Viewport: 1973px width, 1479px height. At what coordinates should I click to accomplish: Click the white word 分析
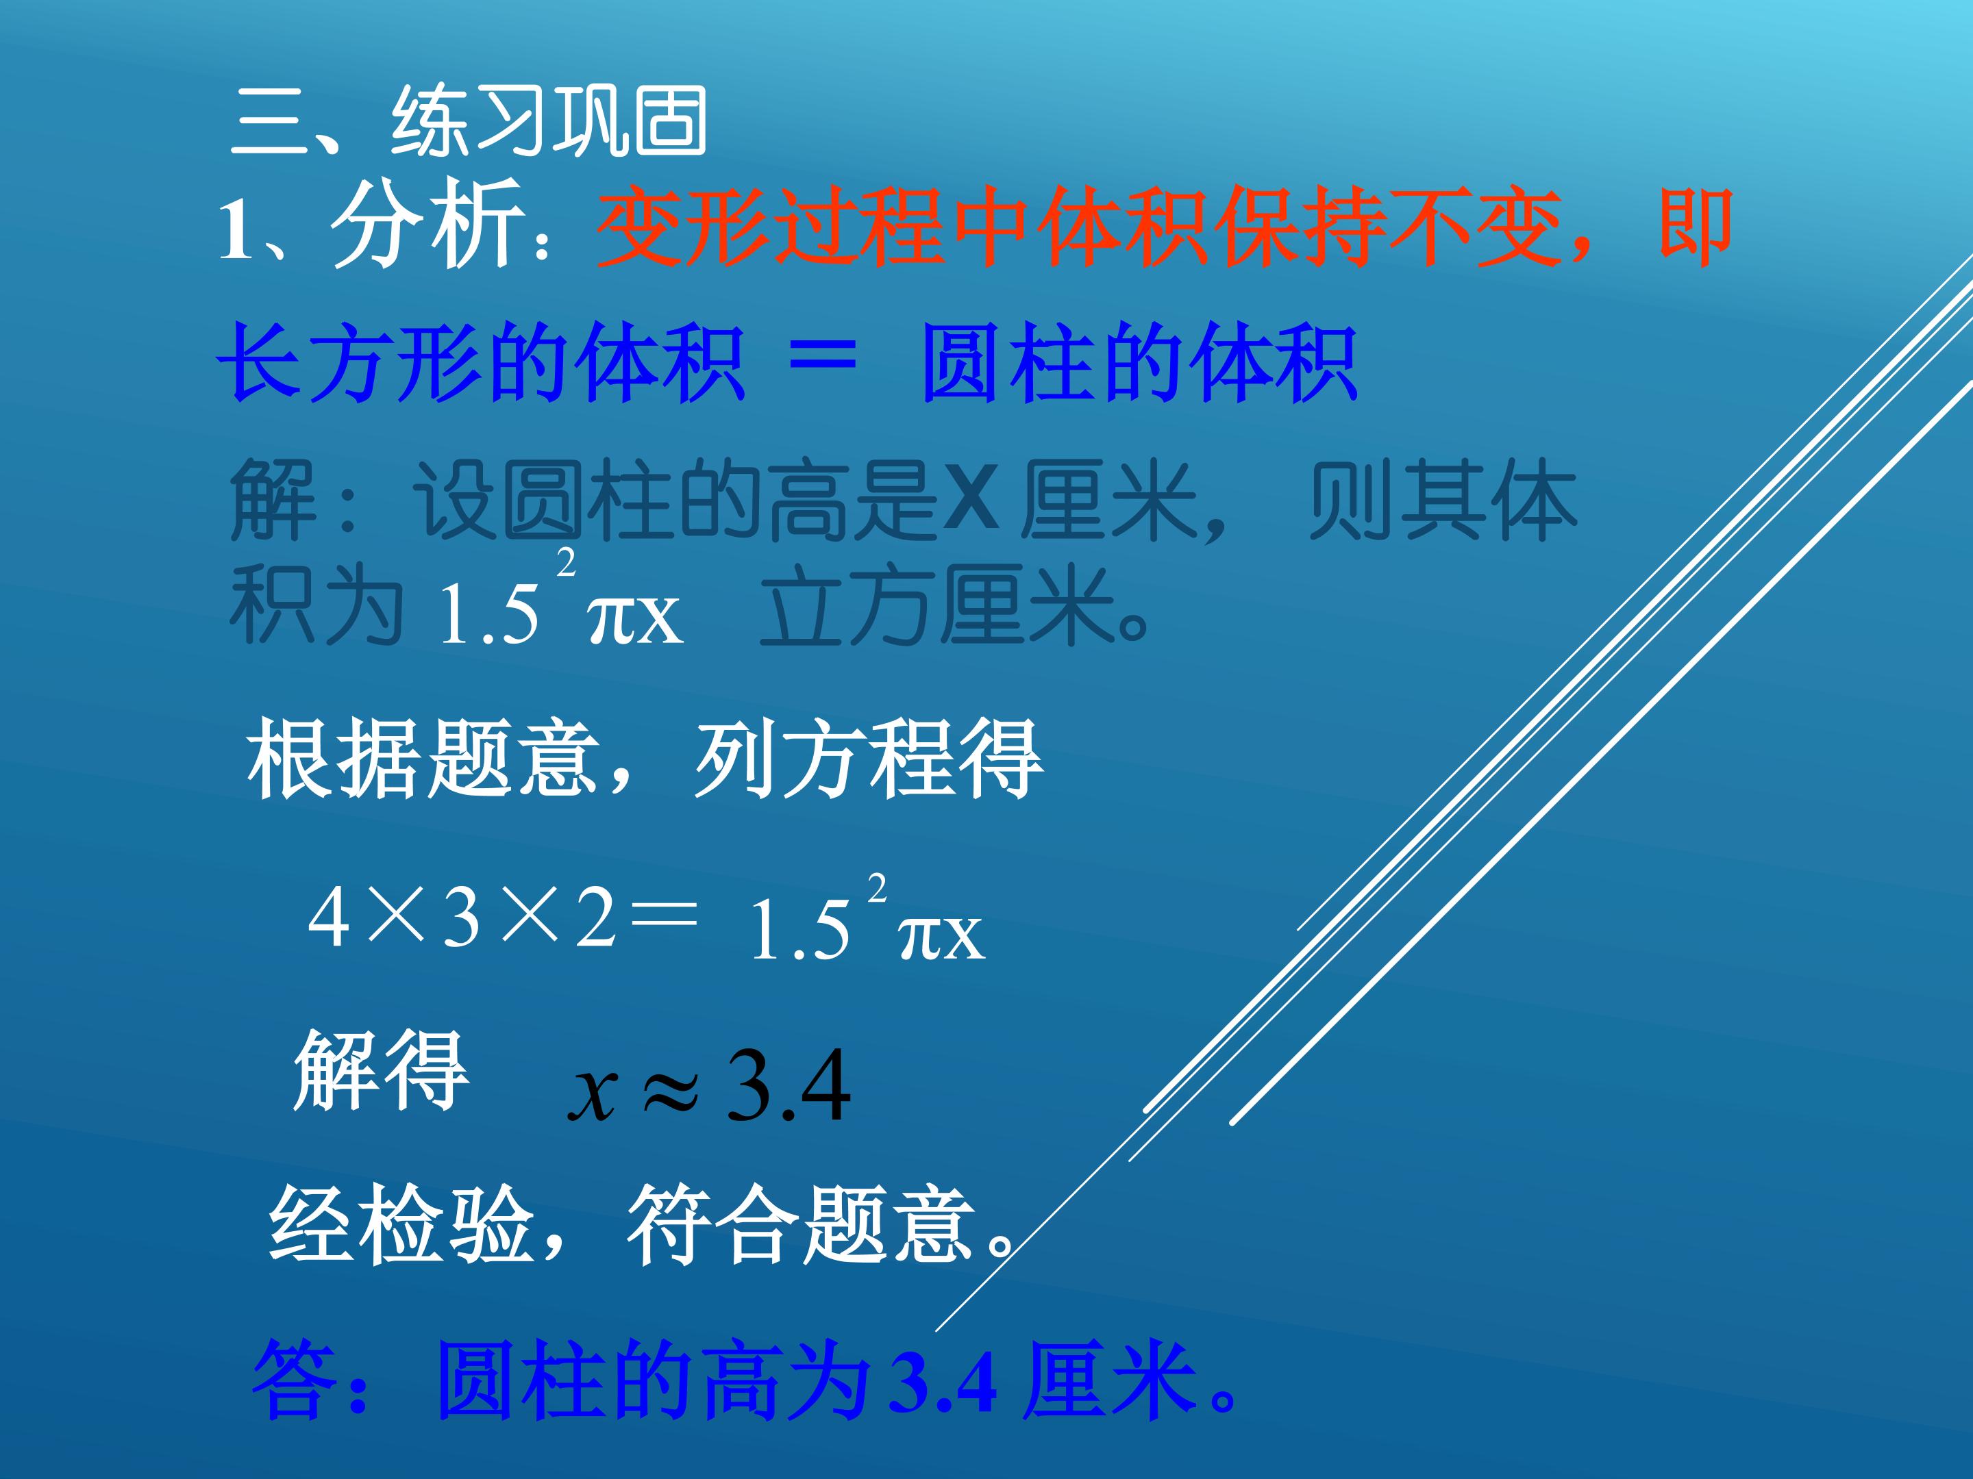pyautogui.click(x=426, y=225)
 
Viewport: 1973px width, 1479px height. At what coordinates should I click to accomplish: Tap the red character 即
pyautogui.click(x=1695, y=227)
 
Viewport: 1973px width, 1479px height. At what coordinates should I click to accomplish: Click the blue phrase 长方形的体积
pyautogui.click(x=482, y=364)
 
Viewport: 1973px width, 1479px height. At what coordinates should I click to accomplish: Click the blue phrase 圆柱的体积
pyautogui.click(x=1139, y=364)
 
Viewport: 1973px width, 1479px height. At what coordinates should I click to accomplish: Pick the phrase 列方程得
pyautogui.click(x=868, y=759)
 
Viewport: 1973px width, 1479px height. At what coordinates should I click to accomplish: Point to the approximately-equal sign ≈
pyautogui.click(x=671, y=1090)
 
